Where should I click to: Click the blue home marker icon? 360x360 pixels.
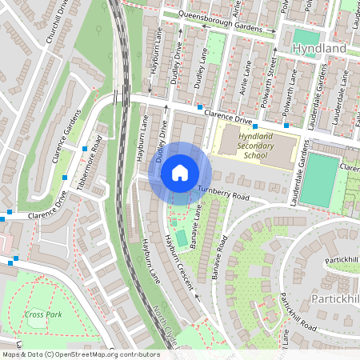(x=180, y=172)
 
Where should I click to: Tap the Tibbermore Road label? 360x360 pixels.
(x=89, y=164)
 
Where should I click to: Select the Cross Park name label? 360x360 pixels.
(x=43, y=314)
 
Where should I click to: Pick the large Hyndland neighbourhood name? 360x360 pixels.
(x=319, y=49)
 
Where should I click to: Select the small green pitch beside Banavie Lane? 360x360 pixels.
(x=182, y=238)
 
